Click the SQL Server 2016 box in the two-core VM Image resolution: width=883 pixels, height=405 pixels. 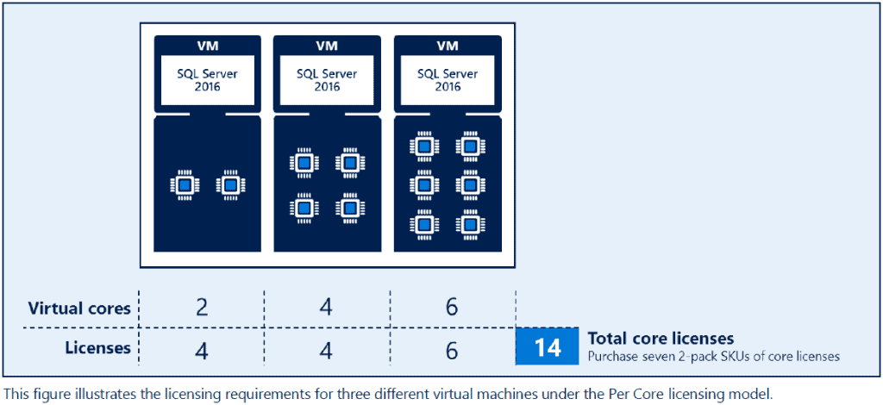point(207,80)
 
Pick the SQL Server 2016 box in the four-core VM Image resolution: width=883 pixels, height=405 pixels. point(327,80)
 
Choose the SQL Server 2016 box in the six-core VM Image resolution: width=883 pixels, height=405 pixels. point(448,80)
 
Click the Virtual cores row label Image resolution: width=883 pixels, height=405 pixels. point(79,308)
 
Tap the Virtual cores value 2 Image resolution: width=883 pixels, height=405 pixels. point(202,308)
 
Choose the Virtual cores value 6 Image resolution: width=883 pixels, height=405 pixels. point(451,308)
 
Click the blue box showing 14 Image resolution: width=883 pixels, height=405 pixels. point(548,346)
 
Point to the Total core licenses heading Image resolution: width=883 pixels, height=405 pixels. point(661,339)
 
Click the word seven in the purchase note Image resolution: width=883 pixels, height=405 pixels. point(647,356)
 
